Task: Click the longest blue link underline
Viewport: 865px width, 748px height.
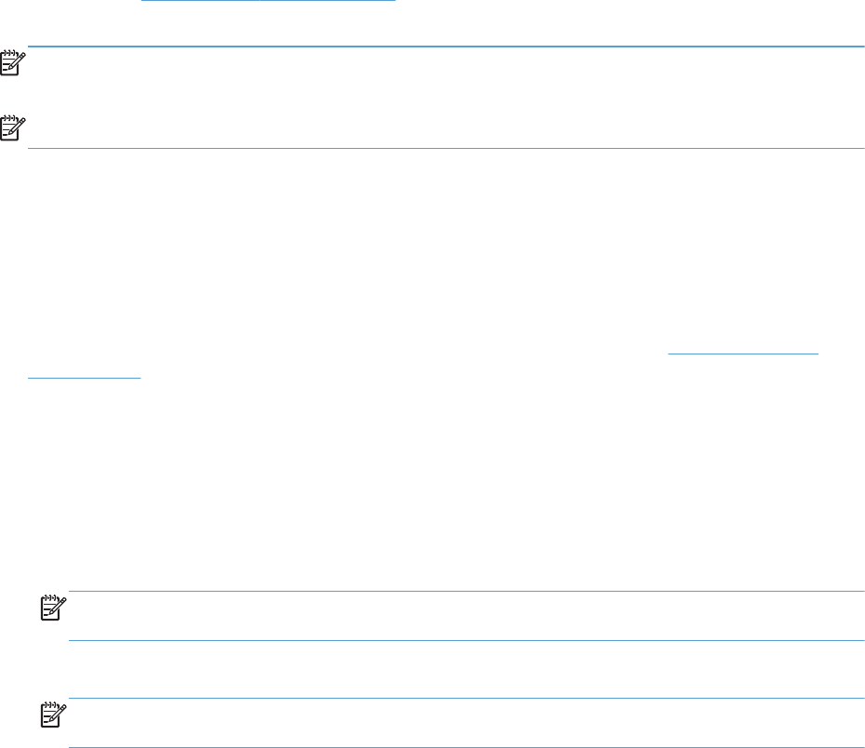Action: tap(268, 1)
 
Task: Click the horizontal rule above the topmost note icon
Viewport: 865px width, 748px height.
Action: tap(446, 47)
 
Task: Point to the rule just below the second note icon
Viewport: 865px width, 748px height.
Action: tap(446, 148)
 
